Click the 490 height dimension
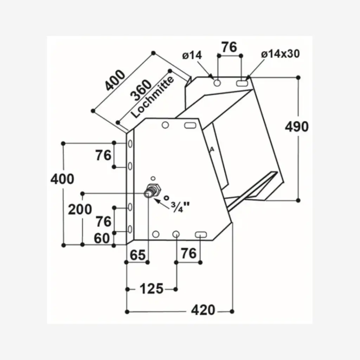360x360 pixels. (x=297, y=127)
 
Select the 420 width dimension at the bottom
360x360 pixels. (x=203, y=310)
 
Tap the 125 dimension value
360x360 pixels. (x=152, y=289)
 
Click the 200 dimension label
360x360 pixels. (x=80, y=210)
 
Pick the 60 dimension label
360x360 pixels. (x=102, y=239)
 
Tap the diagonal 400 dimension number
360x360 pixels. (x=115, y=81)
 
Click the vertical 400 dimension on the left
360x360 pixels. (x=62, y=179)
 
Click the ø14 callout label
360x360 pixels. (x=192, y=55)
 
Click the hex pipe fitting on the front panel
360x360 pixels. (x=152, y=191)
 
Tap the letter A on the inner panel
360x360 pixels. (x=212, y=149)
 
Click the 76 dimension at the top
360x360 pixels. (x=229, y=47)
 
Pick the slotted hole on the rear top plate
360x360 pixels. (x=242, y=83)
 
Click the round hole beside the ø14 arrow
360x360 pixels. (x=217, y=83)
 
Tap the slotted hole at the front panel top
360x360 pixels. (x=190, y=125)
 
